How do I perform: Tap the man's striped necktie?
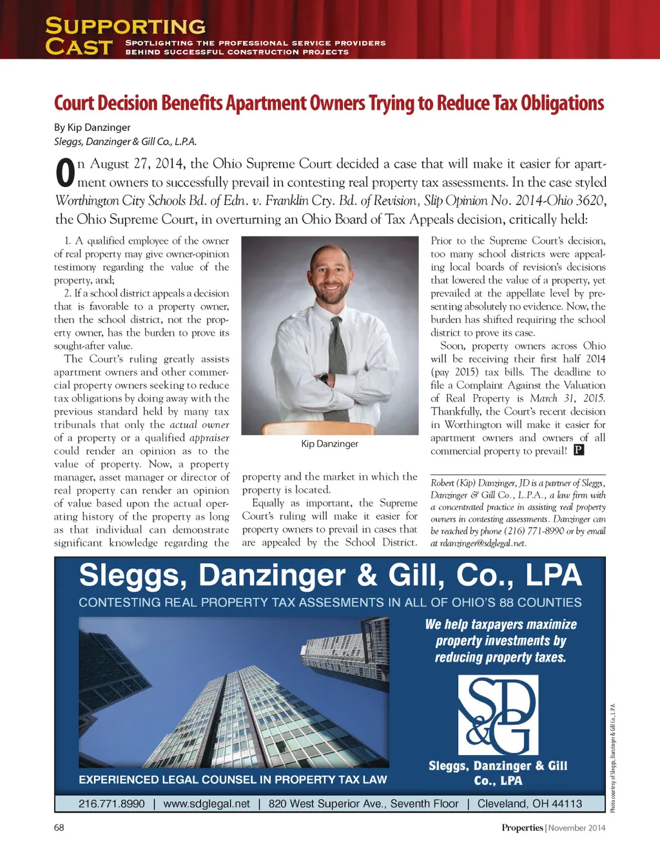(x=337, y=361)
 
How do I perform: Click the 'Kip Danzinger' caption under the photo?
(x=329, y=444)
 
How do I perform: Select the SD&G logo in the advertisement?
(x=498, y=714)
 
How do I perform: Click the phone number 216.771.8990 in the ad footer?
(x=112, y=803)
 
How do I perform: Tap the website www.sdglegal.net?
(x=206, y=803)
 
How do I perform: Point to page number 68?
(x=59, y=827)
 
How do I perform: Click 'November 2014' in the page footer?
(x=577, y=828)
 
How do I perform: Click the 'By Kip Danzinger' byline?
(x=92, y=127)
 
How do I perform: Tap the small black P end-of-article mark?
(x=579, y=450)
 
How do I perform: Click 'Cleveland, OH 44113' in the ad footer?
(x=529, y=803)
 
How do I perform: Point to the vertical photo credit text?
(x=613, y=757)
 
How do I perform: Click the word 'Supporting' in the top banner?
(x=126, y=26)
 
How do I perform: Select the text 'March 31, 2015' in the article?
(x=567, y=399)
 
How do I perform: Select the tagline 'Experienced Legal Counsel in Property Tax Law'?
(x=233, y=780)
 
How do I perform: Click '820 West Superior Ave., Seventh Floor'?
(x=364, y=803)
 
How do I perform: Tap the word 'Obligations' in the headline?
(x=562, y=103)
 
